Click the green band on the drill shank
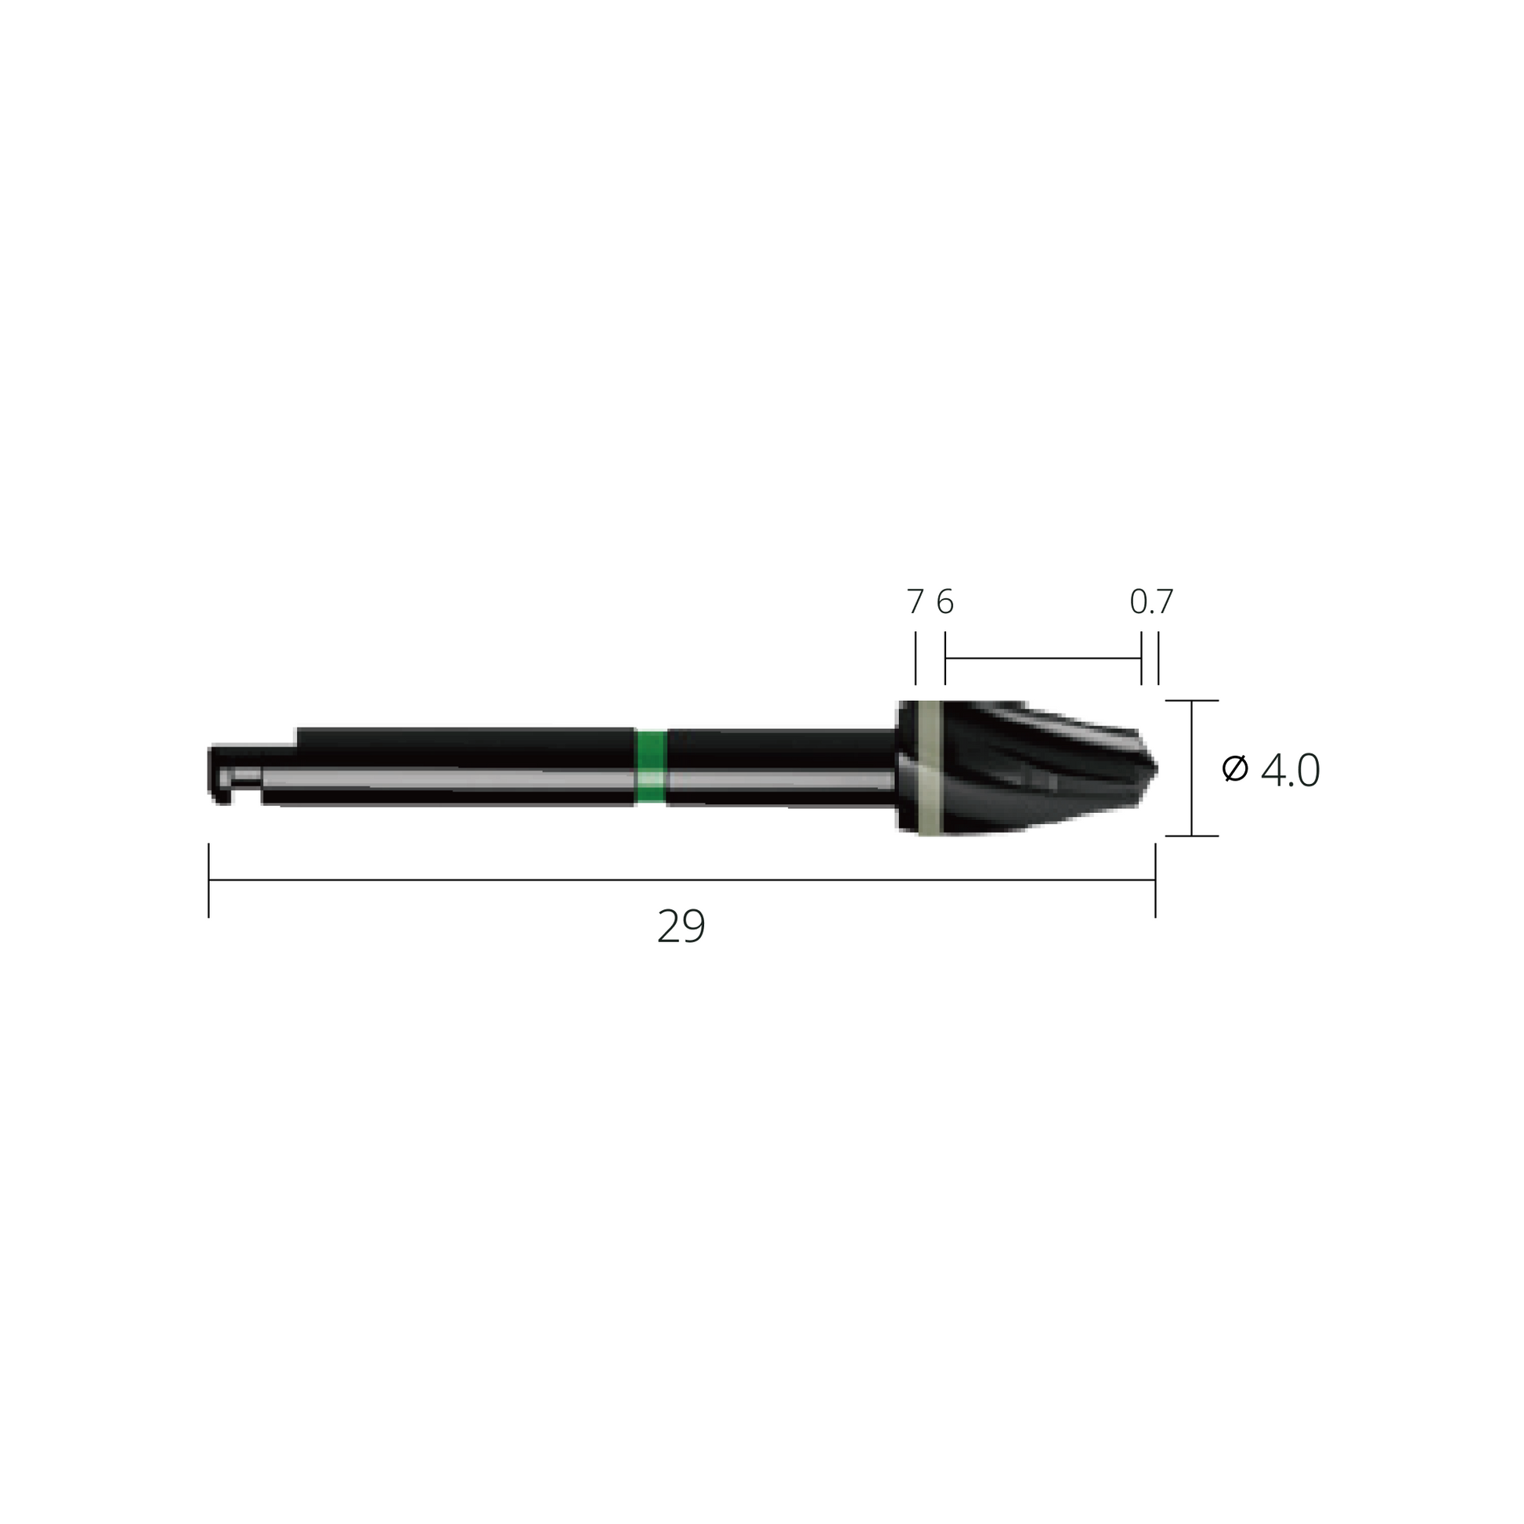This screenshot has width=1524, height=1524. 651,767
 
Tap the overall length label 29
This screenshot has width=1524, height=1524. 681,926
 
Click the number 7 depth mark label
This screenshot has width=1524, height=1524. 915,603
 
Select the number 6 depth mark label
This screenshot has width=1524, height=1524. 945,603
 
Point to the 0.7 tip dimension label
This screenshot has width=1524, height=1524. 1151,603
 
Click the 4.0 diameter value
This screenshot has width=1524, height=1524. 1290,771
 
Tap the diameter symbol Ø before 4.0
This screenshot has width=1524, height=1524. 1234,768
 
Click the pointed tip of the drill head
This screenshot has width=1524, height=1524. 1156,767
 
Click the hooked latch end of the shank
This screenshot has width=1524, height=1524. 220,773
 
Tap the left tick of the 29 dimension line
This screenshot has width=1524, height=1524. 209,880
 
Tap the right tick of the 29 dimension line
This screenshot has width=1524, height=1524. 1156,880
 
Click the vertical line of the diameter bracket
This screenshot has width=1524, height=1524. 1191,767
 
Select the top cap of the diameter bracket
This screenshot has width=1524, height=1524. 1192,700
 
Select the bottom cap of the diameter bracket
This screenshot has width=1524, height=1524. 1192,836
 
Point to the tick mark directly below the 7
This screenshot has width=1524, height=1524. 915,658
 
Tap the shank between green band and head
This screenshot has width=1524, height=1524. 781,767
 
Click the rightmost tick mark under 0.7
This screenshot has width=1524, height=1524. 1158,658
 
